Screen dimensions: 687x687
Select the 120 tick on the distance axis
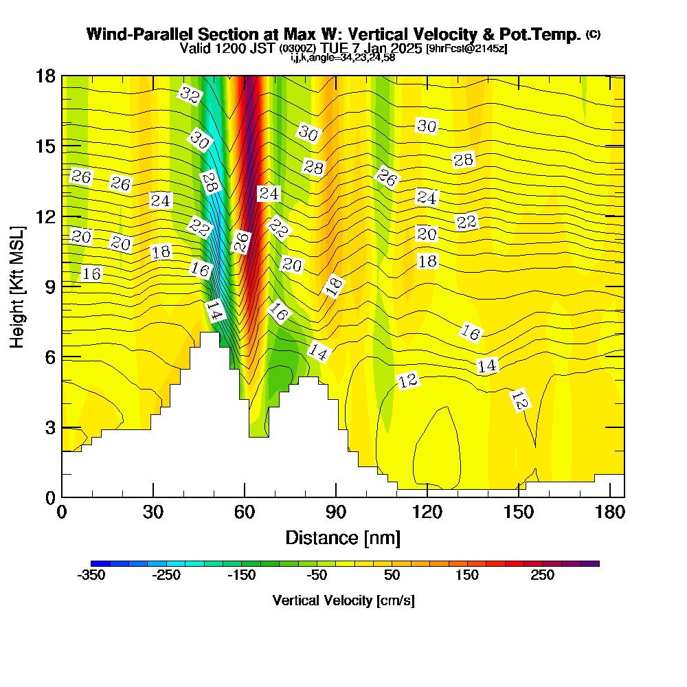click(x=427, y=512)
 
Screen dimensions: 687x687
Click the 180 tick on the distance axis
click(x=609, y=512)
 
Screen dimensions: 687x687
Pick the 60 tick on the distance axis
click(x=244, y=512)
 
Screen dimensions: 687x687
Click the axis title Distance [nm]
click(x=343, y=537)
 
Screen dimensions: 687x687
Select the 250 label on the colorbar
click(x=542, y=576)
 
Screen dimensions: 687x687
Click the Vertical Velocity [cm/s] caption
click(x=343, y=600)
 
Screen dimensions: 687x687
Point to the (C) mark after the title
click(x=593, y=34)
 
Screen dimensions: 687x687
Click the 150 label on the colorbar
click(x=467, y=576)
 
